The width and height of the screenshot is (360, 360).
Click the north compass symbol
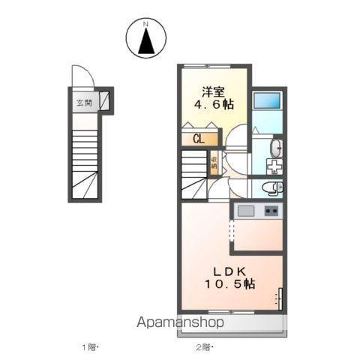(147, 39)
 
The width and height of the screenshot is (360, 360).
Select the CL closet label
(199, 139)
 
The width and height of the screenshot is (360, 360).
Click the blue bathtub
(267, 101)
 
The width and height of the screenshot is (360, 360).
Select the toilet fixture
(274, 187)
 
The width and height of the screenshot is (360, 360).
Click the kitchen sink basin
(246, 211)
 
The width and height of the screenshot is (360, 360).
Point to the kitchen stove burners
(271, 211)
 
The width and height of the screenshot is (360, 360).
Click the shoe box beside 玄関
(106, 100)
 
